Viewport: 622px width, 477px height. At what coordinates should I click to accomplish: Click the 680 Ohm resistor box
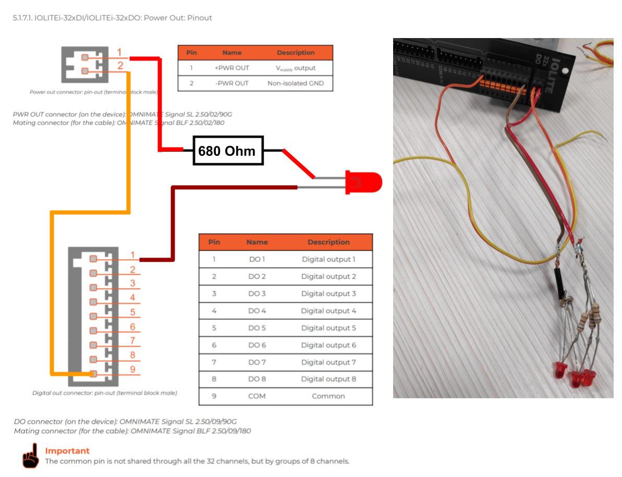pyautogui.click(x=228, y=151)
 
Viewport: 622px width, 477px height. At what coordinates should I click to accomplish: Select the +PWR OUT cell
pyautogui.click(x=232, y=68)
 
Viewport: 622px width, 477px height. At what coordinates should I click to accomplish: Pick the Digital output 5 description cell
pyautogui.click(x=328, y=328)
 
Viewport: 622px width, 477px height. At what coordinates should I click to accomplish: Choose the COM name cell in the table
pyautogui.click(x=257, y=396)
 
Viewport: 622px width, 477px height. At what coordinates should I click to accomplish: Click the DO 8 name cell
pyautogui.click(x=257, y=379)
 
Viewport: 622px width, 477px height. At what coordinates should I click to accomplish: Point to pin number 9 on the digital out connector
pyautogui.click(x=132, y=369)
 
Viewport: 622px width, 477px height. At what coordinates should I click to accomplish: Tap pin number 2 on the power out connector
pyautogui.click(x=120, y=66)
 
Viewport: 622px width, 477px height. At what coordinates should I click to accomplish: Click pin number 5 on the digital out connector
pyautogui.click(x=132, y=312)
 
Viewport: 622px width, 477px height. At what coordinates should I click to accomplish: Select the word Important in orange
pyautogui.click(x=67, y=451)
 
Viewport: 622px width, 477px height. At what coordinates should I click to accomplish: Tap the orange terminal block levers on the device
pyautogui.click(x=501, y=83)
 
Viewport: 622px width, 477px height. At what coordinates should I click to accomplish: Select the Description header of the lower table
pyautogui.click(x=328, y=242)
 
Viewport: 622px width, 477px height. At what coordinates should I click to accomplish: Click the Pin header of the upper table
pyautogui.click(x=191, y=53)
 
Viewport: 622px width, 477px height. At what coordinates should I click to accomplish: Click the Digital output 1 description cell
pyautogui.click(x=328, y=259)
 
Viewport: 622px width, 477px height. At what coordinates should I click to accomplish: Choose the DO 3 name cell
pyautogui.click(x=257, y=293)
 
